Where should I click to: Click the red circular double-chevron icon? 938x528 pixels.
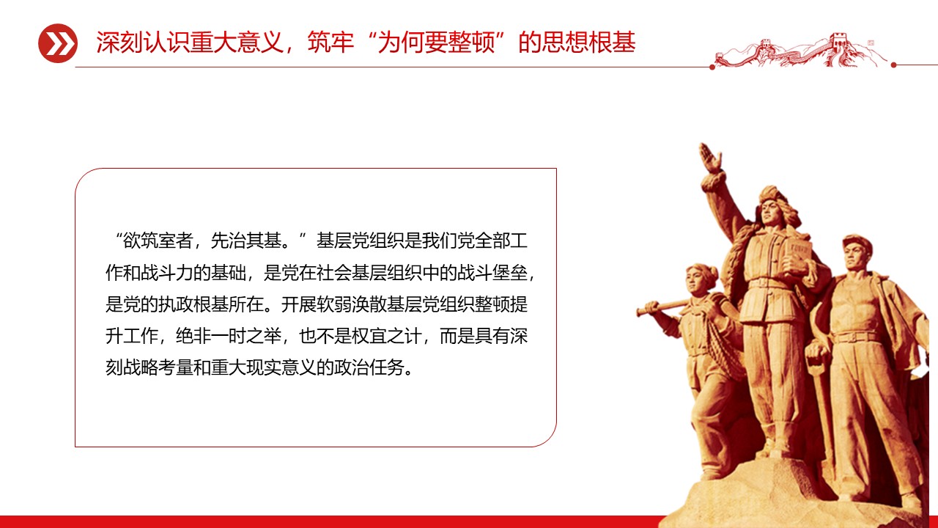[58, 43]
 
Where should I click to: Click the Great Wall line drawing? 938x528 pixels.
[802, 51]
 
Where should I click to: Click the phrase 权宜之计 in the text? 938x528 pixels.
[382, 337]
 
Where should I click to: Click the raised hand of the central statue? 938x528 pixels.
[709, 157]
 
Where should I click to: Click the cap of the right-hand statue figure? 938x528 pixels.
[857, 241]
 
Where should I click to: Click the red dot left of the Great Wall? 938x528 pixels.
[712, 66]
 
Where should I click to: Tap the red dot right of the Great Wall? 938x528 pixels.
[893, 65]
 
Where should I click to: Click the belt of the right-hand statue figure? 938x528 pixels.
[857, 337]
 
